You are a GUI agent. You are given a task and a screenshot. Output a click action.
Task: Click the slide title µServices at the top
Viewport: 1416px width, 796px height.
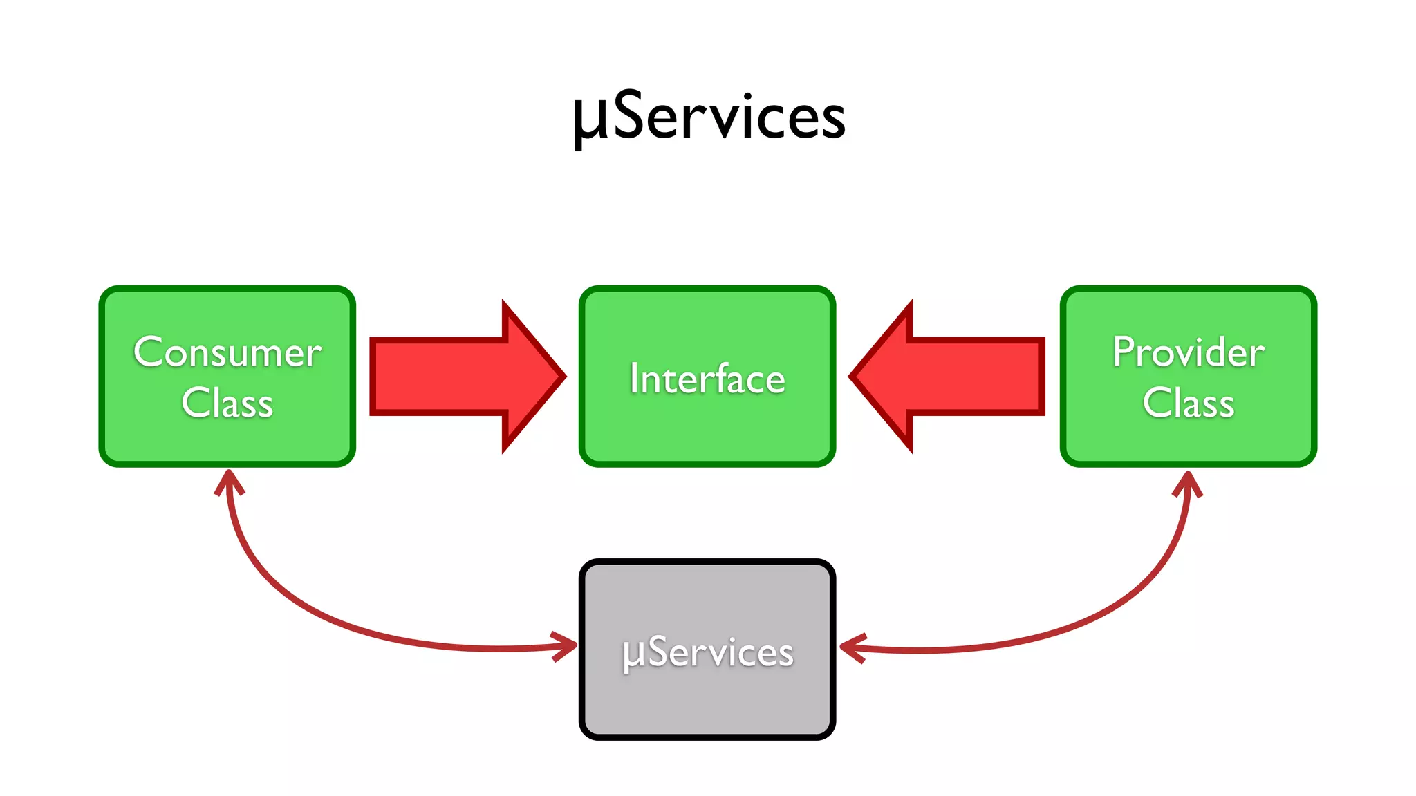(x=708, y=117)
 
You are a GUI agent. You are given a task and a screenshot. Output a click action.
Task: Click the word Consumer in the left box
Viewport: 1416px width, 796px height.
(x=227, y=352)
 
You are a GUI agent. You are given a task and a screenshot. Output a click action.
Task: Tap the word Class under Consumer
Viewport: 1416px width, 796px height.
(x=227, y=404)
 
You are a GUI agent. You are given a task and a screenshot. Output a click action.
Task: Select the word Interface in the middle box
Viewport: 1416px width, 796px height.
(x=707, y=379)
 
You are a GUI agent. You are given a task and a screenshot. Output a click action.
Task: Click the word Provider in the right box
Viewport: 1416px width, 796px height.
(x=1189, y=352)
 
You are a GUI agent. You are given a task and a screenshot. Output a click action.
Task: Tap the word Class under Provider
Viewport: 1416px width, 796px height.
(x=1189, y=404)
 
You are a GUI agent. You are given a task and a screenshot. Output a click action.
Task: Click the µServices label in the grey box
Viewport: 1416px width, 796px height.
(x=707, y=652)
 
